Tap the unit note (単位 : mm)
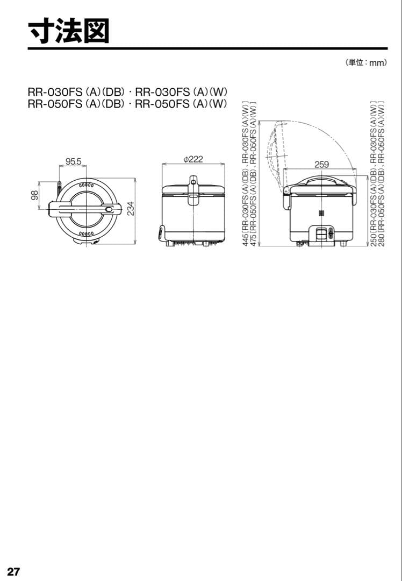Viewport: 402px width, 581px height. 366,62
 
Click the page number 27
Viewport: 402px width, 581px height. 13,571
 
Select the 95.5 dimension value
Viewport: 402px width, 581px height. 73,161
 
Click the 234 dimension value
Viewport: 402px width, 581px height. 131,209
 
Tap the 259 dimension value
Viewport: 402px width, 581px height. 321,165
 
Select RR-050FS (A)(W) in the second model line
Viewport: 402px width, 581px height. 182,104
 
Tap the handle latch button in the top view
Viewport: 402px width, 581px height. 109,209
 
